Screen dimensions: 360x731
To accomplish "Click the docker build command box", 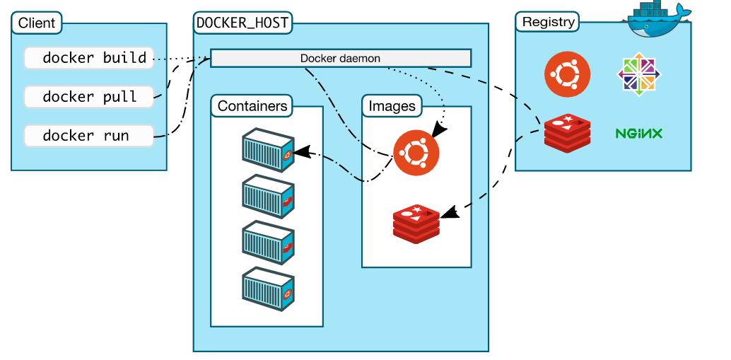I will [89, 58].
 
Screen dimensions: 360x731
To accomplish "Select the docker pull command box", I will [89, 97].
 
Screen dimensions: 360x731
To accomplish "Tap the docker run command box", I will [89, 136].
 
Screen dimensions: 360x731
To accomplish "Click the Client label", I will [37, 23].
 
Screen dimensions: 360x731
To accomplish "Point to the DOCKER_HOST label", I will [242, 23].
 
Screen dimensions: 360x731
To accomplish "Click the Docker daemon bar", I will [341, 58].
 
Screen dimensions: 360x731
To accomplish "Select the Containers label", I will [252, 107].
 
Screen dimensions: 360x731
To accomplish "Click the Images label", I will [392, 107].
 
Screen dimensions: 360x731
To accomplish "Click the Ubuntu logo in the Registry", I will [567, 74].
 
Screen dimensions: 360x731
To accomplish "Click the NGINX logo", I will [639, 133].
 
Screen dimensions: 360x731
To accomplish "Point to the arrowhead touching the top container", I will [300, 151].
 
